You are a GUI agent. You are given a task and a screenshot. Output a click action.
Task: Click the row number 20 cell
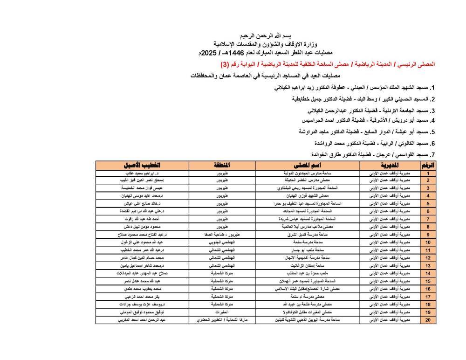pos(428,320)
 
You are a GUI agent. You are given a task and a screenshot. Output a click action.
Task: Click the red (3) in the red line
pos(225,64)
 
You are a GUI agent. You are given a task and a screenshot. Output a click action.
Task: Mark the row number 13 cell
pos(428,265)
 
